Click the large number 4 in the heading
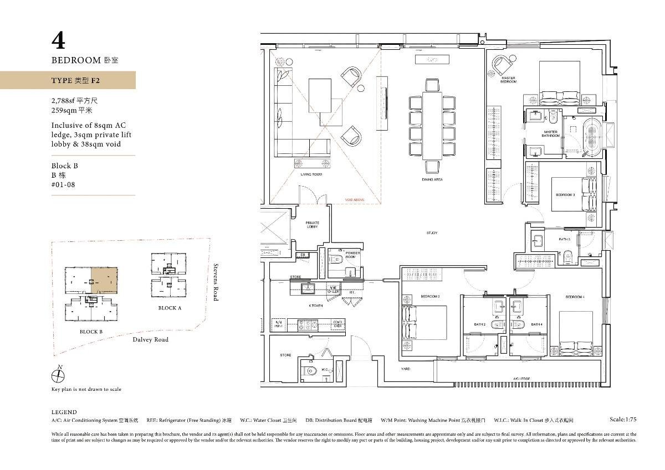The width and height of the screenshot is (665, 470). [58, 41]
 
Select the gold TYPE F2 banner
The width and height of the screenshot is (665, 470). [68, 80]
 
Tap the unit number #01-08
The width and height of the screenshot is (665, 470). [63, 185]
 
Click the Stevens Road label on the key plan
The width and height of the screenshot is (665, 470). [216, 282]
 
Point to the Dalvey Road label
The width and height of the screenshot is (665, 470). [150, 339]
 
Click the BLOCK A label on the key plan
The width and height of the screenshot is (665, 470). [170, 308]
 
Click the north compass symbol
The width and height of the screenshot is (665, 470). [58, 376]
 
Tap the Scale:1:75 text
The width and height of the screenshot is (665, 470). [623, 420]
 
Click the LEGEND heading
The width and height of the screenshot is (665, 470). [64, 412]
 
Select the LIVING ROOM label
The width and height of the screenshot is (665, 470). [311, 174]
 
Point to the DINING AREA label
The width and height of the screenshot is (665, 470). [432, 179]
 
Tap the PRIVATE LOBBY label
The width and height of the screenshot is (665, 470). [312, 225]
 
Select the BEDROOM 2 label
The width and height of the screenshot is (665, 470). [430, 297]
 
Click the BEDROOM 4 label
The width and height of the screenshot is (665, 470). [575, 297]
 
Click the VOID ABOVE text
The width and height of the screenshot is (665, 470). [354, 199]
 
